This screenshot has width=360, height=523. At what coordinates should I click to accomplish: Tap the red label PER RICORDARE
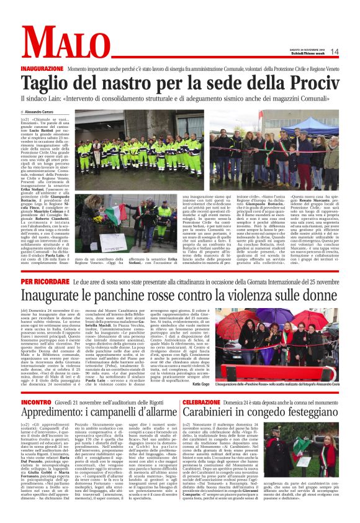[x=58, y=281]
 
